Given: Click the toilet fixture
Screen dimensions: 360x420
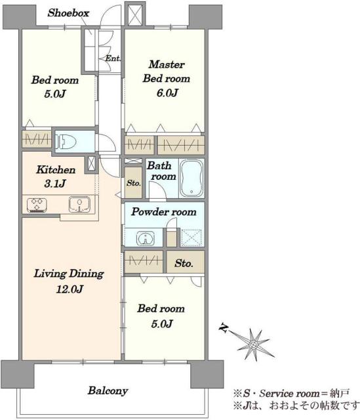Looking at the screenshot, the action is point(66,141).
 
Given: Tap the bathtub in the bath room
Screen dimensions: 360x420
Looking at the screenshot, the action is point(191,178).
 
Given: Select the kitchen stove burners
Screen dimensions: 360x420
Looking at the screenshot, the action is point(37,205).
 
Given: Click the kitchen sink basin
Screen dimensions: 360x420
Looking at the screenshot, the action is point(79,204).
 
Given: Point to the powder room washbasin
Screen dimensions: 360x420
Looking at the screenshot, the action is point(146,238).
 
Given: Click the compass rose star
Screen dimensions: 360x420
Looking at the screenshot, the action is point(253,344).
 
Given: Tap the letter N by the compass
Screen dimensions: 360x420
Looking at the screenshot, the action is point(224,328).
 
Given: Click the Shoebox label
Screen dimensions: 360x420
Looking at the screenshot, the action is point(68,13).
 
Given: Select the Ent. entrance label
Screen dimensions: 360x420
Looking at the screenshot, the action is point(113,58).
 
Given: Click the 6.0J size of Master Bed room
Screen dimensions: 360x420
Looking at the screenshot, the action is point(167,93).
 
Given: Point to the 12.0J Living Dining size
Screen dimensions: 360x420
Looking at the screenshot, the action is point(70,289).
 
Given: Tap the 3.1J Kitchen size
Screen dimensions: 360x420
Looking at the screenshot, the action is point(55,184).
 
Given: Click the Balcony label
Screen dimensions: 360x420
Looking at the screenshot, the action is point(108,391).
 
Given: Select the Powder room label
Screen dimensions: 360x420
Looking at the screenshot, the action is point(164,212).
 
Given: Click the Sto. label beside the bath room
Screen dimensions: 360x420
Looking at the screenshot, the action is point(134,183).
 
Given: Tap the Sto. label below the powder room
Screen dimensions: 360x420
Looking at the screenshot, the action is point(184,263).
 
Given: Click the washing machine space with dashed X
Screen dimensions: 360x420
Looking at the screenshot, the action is point(191,238).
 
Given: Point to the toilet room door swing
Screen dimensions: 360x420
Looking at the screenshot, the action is point(107,143).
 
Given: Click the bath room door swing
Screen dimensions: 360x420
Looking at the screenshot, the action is point(157,190).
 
